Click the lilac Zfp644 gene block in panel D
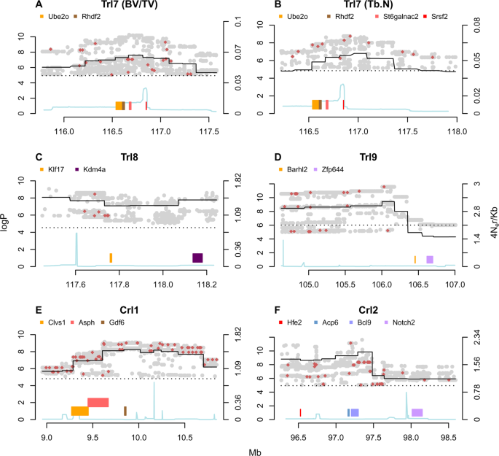point(430,260)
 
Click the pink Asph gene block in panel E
point(98,402)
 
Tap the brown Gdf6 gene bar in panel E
point(125,411)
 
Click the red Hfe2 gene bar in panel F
point(300,413)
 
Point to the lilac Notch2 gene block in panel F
point(417,413)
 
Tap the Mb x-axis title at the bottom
point(251,449)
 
